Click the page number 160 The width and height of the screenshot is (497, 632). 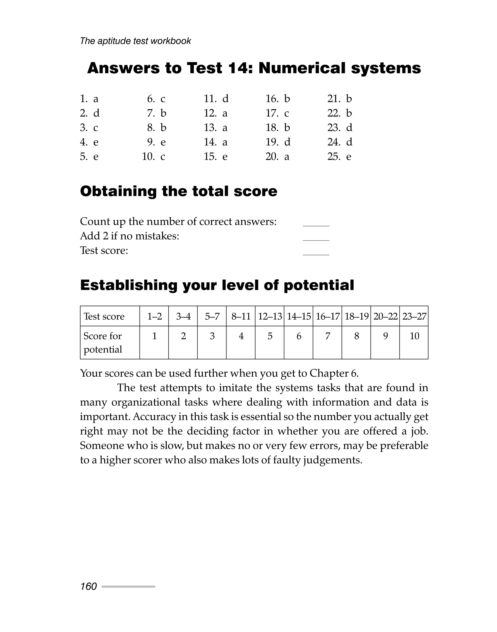[89, 586]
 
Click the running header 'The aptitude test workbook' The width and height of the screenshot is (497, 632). [135, 41]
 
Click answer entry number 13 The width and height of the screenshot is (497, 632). [216, 128]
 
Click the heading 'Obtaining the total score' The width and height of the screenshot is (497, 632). [178, 191]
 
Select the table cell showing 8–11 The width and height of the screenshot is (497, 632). [241, 316]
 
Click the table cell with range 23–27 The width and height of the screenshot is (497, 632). [414, 316]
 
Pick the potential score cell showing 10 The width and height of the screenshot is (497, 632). [414, 336]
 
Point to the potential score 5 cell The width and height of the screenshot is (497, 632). [270, 336]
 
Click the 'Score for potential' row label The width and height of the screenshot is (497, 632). [103, 342]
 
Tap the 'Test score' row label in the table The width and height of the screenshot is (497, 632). [104, 316]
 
